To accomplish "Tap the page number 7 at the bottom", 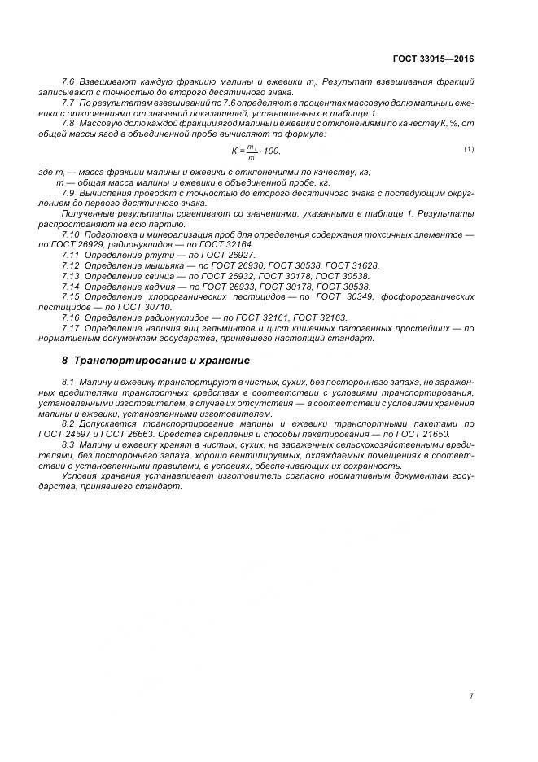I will [x=471, y=696].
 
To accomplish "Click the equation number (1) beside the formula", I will [x=469, y=149].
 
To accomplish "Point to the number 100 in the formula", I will [x=271, y=151].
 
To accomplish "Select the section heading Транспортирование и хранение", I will [x=162, y=360].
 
